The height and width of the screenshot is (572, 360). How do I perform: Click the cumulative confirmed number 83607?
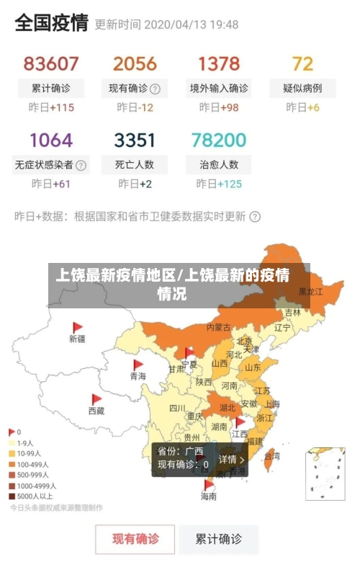(x=51, y=63)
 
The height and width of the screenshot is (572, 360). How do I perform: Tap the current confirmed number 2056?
(x=135, y=63)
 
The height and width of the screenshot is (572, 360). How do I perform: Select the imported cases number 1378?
(x=219, y=63)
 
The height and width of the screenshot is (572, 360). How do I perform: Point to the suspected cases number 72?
(x=302, y=63)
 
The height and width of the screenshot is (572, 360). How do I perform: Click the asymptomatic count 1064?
(x=51, y=139)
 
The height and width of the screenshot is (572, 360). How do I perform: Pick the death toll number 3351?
(x=135, y=139)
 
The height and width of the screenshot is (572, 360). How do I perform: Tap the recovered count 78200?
(x=219, y=139)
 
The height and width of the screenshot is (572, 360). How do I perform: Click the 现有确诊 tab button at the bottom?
(x=135, y=538)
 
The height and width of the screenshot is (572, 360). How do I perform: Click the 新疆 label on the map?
(x=77, y=338)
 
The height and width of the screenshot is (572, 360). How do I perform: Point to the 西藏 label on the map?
(x=96, y=411)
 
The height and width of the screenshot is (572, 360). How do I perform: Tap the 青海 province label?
(x=138, y=376)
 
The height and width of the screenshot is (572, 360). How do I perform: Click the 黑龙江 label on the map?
(x=311, y=292)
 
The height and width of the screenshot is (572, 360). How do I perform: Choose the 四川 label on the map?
(x=177, y=408)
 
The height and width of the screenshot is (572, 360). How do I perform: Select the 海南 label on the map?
(x=209, y=496)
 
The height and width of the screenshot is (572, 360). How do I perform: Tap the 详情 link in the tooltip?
(x=231, y=459)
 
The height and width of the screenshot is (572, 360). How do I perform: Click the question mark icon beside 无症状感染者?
(x=81, y=164)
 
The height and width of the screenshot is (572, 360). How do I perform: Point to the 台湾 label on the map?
(x=272, y=455)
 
